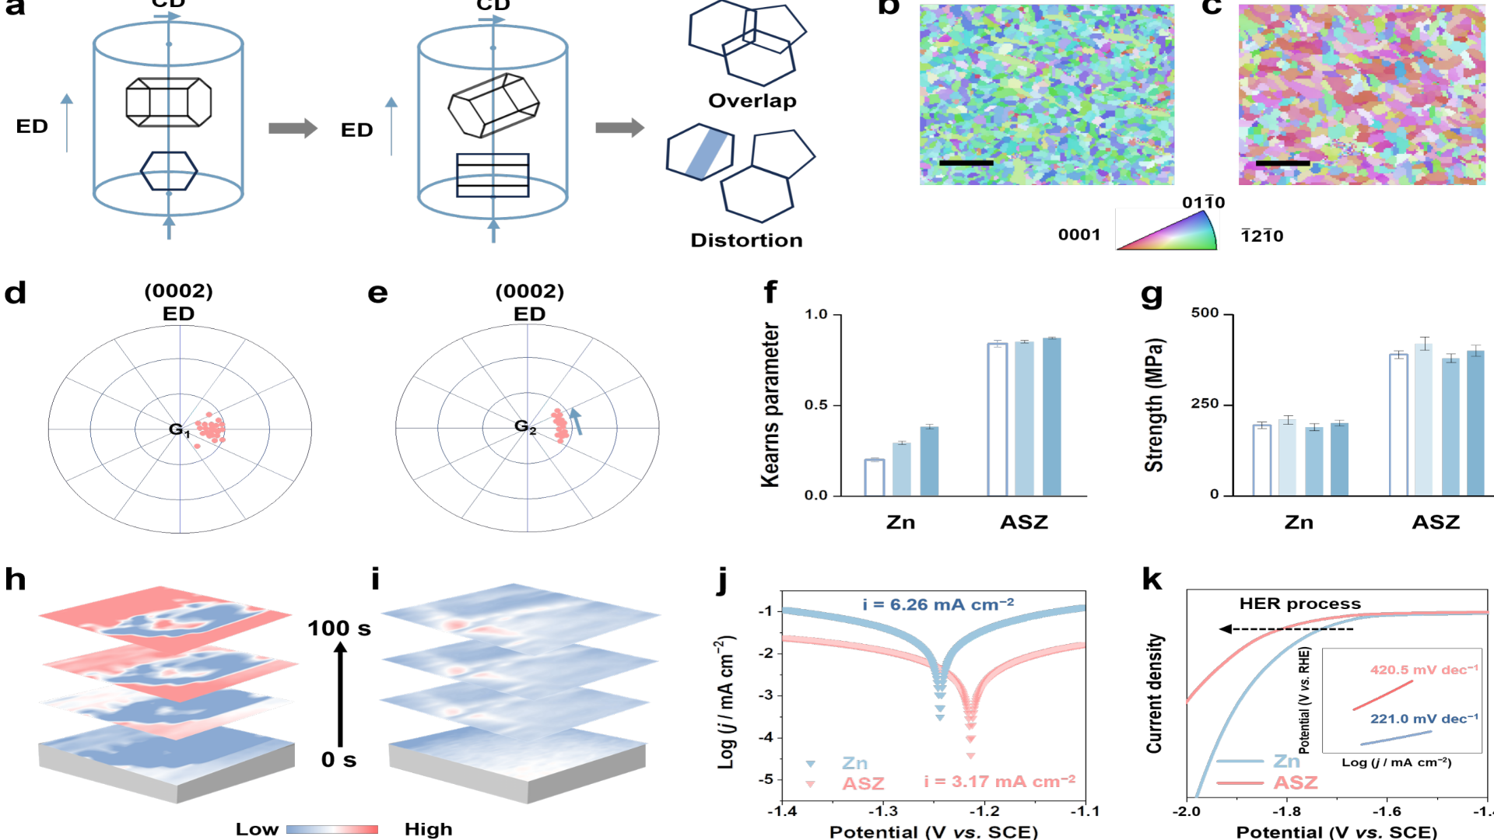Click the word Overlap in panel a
pyautogui.click(x=752, y=101)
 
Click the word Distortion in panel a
pyautogui.click(x=746, y=240)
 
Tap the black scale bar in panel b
pyautogui.click(x=966, y=163)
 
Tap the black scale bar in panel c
pyautogui.click(x=1282, y=163)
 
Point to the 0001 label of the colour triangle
pyautogui.click(x=1079, y=235)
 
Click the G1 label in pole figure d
pyautogui.click(x=179, y=430)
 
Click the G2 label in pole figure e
pyautogui.click(x=525, y=427)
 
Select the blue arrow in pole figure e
pyautogui.click(x=576, y=421)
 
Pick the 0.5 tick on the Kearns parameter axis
pyautogui.click(x=815, y=405)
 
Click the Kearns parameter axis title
pyautogui.click(x=770, y=405)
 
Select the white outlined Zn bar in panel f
pyautogui.click(x=874, y=477)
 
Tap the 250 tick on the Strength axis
pyautogui.click(x=1205, y=404)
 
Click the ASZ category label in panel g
pyautogui.click(x=1436, y=523)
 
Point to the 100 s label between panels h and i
pyautogui.click(x=339, y=628)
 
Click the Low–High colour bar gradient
pyautogui.click(x=332, y=830)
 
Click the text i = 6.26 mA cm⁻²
pyautogui.click(x=938, y=604)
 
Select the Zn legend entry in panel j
pyautogui.click(x=854, y=764)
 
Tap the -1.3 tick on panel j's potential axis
pyautogui.click(x=882, y=811)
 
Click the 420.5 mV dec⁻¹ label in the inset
pyautogui.click(x=1423, y=670)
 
